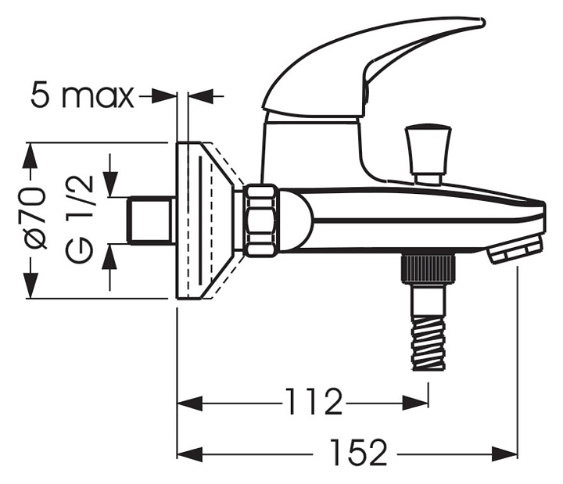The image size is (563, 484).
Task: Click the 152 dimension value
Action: coord(358,452)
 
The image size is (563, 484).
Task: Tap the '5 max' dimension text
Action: coord(83,95)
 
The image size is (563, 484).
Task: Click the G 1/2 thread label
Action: coord(80,220)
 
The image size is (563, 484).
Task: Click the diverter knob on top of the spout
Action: coord(428,154)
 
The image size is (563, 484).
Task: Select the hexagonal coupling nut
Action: coord(260,220)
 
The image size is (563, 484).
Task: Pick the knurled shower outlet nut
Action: coord(429,267)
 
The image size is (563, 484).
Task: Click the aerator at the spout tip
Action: coord(515,249)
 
